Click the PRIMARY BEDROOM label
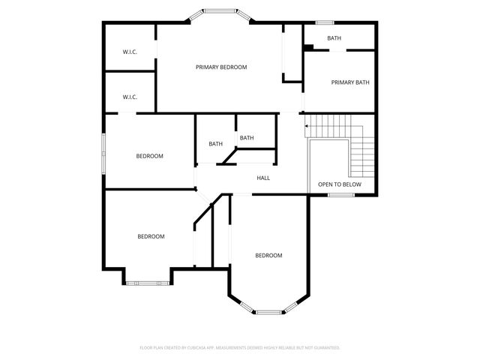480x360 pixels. (x=221, y=67)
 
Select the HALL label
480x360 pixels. (x=263, y=178)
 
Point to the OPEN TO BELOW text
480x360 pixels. (x=339, y=184)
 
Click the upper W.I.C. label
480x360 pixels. (x=130, y=52)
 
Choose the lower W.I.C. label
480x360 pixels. (x=130, y=97)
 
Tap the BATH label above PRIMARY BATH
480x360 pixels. (x=334, y=38)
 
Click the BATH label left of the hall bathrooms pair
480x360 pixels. (x=216, y=144)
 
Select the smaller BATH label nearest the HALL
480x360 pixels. (x=247, y=138)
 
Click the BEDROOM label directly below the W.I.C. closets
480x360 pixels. (x=149, y=156)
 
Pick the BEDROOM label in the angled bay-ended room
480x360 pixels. (x=268, y=256)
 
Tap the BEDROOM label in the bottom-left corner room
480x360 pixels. (x=151, y=236)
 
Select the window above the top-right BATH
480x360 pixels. (x=324, y=22)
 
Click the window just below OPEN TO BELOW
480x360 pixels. (x=340, y=196)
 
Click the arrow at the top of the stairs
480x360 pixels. (x=306, y=130)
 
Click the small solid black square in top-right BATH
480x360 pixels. (x=307, y=48)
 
